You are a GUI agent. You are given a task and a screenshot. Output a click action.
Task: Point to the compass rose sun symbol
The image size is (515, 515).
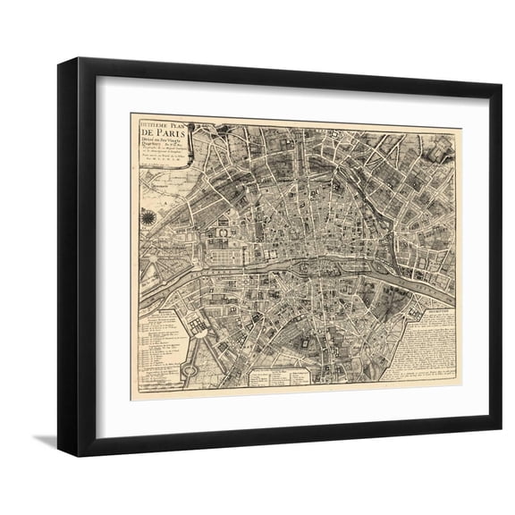(148, 219)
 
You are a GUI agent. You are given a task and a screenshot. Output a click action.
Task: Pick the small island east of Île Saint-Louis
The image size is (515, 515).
(383, 268)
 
